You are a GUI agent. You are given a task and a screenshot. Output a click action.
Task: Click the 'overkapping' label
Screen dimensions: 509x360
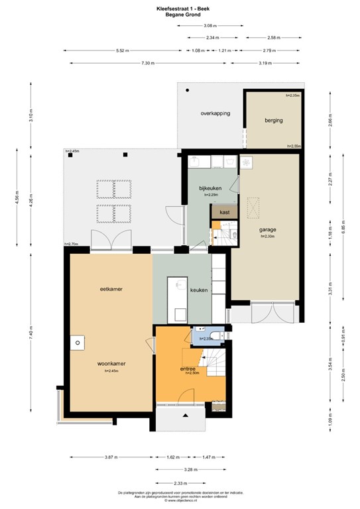pos(215,113)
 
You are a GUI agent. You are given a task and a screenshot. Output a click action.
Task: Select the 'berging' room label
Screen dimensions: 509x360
pos(273,121)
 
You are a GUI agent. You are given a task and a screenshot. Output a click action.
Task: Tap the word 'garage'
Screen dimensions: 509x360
pos(268,229)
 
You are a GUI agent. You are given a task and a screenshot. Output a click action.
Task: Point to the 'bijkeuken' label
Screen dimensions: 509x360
pos(210,188)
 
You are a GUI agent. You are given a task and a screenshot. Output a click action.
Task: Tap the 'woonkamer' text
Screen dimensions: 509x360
pos(111,363)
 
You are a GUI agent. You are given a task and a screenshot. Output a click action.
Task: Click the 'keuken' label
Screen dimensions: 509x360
pos(200,290)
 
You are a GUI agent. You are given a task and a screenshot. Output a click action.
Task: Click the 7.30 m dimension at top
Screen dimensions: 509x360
pos(147,63)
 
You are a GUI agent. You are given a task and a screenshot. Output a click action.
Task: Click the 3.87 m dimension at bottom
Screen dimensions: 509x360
pos(109,457)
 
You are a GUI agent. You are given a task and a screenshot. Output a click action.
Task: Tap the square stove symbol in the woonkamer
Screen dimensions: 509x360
pos(78,343)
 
